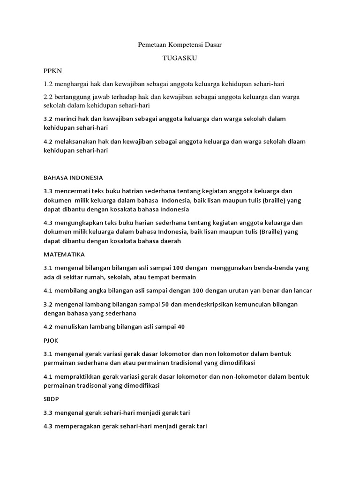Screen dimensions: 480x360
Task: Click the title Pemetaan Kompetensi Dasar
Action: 180,45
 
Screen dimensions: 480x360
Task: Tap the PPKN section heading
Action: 52,71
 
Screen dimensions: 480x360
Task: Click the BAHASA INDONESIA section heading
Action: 73,178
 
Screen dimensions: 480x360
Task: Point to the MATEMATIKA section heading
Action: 64,255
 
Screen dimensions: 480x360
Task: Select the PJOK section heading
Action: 51,340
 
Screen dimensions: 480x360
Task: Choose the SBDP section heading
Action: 52,400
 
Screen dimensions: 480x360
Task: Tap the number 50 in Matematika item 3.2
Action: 165,304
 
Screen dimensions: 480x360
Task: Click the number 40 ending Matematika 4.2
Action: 181,327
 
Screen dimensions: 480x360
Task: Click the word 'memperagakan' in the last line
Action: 76,427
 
